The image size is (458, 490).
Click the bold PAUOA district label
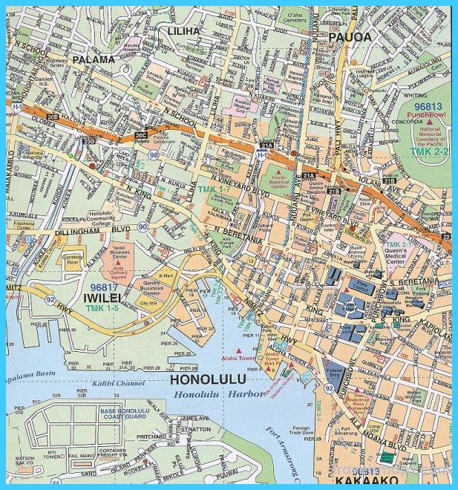tap(347, 37)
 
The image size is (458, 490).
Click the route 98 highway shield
tap(153, 154)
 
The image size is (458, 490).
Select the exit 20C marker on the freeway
tap(141, 135)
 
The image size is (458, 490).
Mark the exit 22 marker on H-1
tap(446, 235)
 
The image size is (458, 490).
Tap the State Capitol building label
tap(362, 286)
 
